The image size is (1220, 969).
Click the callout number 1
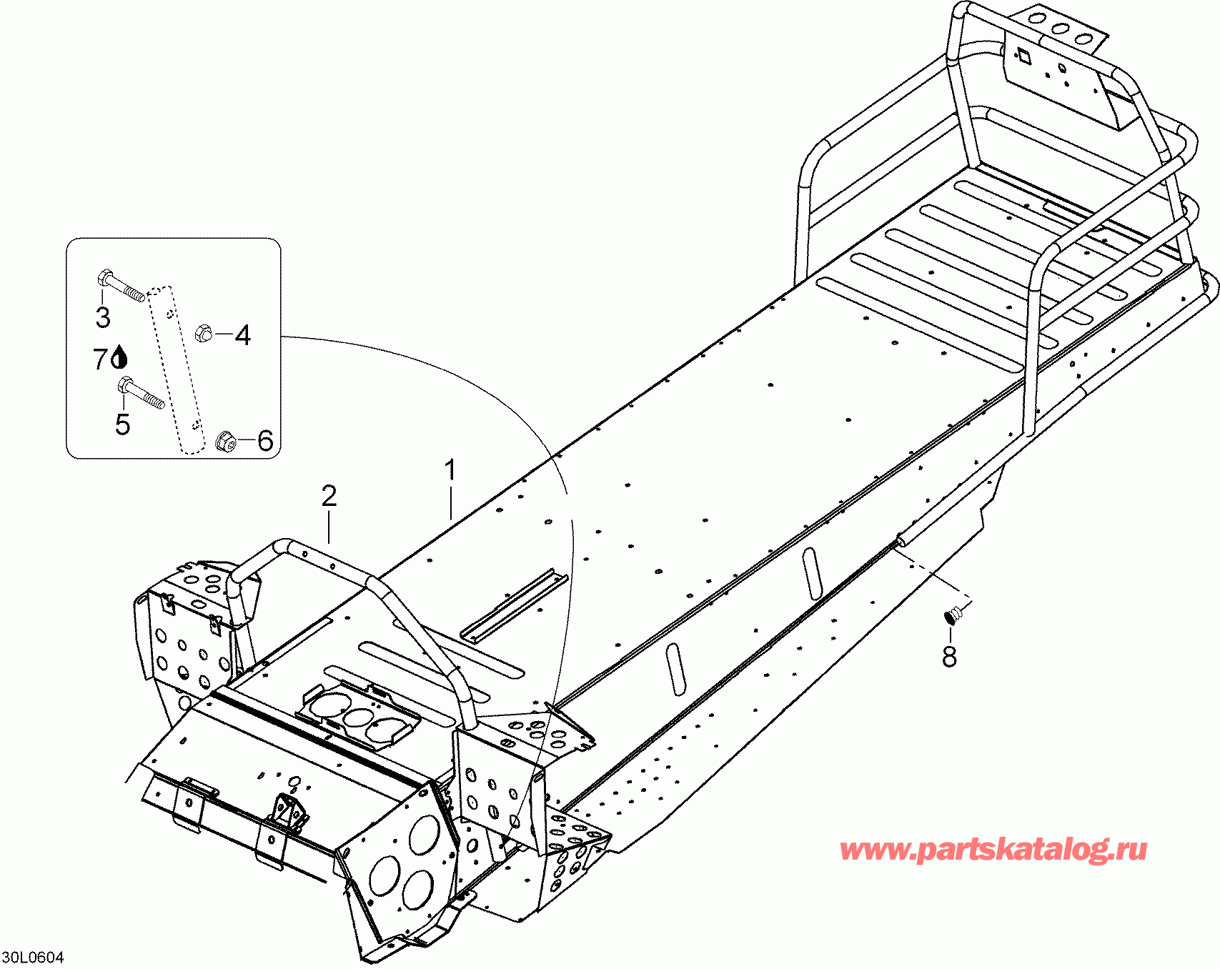click(x=450, y=472)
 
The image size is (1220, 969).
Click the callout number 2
click(x=329, y=496)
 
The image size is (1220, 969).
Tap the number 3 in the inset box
click(x=103, y=317)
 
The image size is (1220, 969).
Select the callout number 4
click(x=243, y=334)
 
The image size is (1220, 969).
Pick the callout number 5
click(x=123, y=424)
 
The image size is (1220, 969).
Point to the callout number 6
click(x=265, y=440)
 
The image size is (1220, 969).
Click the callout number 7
click(x=101, y=359)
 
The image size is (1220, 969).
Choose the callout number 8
click(x=949, y=656)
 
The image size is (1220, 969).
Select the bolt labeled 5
click(x=141, y=394)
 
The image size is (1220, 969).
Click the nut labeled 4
click(x=204, y=332)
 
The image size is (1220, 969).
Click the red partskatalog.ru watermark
click(x=993, y=850)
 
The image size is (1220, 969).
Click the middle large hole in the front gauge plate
click(x=356, y=716)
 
